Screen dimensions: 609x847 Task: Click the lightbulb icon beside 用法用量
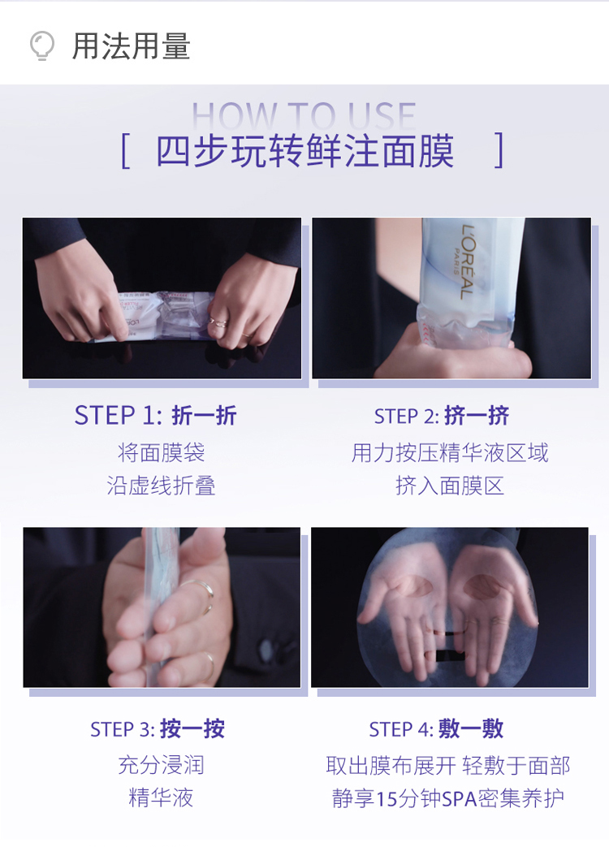(x=41, y=45)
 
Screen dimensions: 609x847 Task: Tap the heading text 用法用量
(x=132, y=46)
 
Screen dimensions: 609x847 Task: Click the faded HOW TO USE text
(x=304, y=115)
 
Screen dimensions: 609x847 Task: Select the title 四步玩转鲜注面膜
(x=305, y=151)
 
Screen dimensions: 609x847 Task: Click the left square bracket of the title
(x=126, y=151)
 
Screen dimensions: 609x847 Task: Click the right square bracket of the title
(x=499, y=150)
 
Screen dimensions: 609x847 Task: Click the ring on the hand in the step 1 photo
(x=218, y=322)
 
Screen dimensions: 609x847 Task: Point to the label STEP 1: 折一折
(x=155, y=416)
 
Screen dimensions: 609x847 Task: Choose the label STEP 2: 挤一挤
(x=442, y=416)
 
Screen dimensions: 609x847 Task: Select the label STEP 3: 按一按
(x=157, y=729)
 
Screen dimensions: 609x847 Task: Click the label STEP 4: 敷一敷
(x=436, y=729)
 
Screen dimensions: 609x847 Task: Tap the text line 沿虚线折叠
(x=161, y=486)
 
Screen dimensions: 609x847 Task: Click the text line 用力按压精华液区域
(x=450, y=452)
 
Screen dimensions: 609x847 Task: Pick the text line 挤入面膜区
(x=450, y=486)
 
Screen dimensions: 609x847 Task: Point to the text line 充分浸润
(x=161, y=765)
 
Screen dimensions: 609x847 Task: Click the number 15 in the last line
(x=386, y=798)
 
